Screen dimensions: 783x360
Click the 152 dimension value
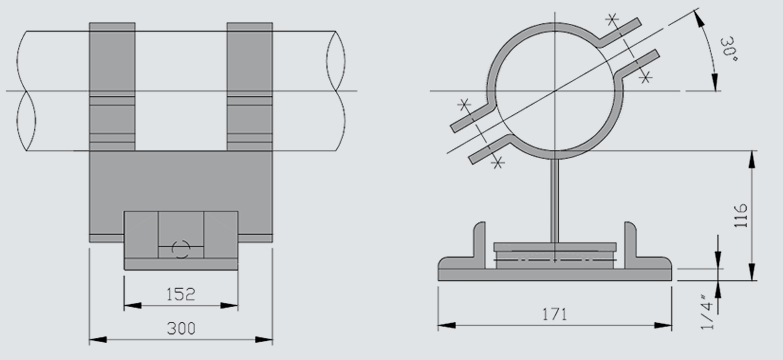(180, 294)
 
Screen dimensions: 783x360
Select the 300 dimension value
(181, 328)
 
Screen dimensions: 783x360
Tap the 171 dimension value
(555, 314)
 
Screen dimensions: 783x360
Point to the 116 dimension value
(741, 215)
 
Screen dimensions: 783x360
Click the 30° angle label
(729, 49)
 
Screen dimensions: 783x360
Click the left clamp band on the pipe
(112, 86)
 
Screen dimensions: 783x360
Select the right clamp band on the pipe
(250, 86)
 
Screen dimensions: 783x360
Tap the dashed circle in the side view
(181, 249)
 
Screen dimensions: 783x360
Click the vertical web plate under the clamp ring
(555, 201)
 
